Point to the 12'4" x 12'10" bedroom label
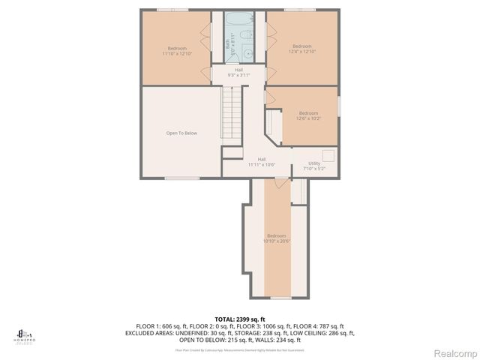point(301,49)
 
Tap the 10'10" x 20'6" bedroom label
point(276,238)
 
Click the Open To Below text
point(181,133)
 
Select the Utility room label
point(314,166)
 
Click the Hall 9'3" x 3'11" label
point(238,73)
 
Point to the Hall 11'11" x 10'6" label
point(262,161)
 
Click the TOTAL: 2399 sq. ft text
point(240,319)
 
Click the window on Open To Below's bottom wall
point(176,178)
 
